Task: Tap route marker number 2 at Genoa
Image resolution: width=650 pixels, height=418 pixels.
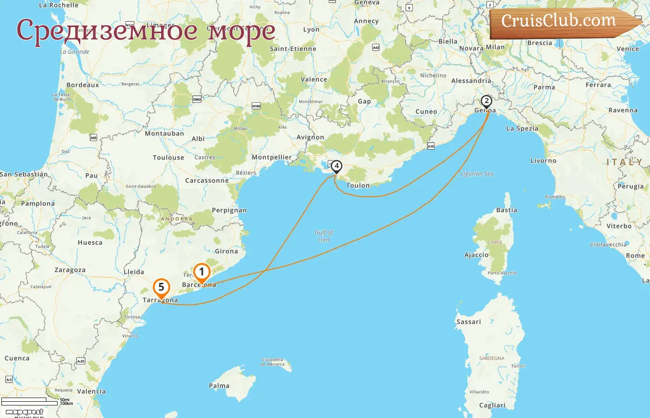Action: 486,101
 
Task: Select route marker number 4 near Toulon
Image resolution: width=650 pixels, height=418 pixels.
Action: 336,166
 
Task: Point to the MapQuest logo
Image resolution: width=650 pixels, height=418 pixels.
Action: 24,412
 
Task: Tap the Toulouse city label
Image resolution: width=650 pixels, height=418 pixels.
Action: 169,158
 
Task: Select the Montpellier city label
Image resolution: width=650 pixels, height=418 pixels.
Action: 272,157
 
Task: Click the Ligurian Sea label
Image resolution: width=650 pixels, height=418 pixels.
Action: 477,174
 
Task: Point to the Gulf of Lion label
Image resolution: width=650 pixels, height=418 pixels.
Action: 324,236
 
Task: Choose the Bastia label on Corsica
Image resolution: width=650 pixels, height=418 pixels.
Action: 507,210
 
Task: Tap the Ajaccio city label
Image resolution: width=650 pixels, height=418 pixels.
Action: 476,255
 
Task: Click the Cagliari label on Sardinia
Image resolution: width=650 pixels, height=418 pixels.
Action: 492,405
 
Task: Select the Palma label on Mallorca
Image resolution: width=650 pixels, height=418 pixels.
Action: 219,385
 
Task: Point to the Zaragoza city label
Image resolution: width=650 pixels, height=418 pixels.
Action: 70,270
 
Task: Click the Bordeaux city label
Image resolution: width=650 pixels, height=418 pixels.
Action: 83,85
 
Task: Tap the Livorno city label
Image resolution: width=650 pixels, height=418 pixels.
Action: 543,161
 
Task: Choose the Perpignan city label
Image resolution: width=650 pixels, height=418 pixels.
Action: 229,210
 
